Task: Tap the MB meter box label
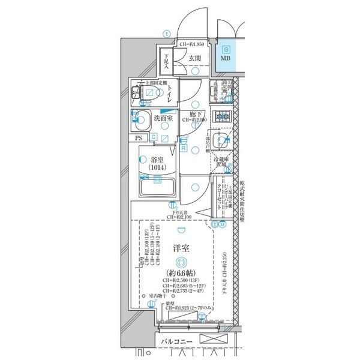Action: tap(225, 59)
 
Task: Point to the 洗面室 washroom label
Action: tap(163, 118)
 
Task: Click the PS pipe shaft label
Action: tap(139, 138)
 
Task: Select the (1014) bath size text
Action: tap(158, 169)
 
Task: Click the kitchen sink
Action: tap(223, 140)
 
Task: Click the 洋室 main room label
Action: tap(182, 247)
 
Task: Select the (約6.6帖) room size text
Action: tap(182, 273)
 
